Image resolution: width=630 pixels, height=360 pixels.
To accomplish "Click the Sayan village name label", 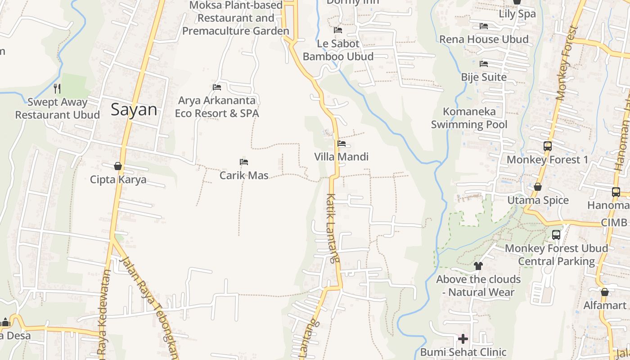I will (134, 110).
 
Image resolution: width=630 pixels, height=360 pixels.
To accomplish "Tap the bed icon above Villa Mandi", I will (342, 144).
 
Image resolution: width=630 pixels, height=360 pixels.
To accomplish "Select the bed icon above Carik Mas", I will (244, 162).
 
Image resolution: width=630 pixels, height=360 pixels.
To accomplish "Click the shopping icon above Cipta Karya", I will (118, 166).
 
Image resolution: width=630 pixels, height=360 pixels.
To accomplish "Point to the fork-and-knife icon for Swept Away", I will (57, 88).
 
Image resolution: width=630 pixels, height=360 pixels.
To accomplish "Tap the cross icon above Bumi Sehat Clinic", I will (463, 339).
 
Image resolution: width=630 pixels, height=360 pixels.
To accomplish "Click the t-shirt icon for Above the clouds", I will (478, 266).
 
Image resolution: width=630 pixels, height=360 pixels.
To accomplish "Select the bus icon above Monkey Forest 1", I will (548, 146).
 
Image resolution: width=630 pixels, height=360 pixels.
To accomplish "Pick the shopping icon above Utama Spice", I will (538, 187).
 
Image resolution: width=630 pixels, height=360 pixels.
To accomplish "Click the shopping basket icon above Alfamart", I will (605, 292).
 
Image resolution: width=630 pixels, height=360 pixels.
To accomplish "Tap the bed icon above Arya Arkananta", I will (217, 87).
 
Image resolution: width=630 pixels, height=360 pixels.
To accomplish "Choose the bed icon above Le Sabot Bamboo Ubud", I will (338, 30).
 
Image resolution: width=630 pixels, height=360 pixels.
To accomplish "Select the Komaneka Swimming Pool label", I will (469, 118).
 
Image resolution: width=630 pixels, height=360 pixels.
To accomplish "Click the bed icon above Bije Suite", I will (484, 64).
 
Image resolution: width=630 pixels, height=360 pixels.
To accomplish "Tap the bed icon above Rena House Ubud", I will (484, 26).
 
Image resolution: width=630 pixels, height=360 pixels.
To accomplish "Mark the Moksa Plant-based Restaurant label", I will (236, 18).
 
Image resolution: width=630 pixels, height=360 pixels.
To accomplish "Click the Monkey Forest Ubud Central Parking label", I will (556, 255).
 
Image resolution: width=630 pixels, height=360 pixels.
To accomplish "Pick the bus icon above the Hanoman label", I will (616, 192).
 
